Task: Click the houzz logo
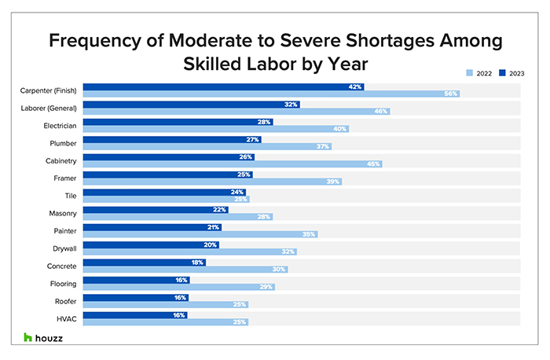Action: (x=44, y=337)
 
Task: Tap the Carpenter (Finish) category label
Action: (x=49, y=90)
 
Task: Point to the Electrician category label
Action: (x=59, y=125)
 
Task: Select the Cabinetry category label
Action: (x=60, y=160)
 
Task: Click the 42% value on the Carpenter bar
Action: (x=355, y=86)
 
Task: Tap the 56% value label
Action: (x=450, y=94)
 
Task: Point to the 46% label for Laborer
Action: (x=381, y=112)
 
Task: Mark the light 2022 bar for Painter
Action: (x=200, y=234)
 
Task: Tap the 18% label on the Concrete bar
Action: (x=197, y=262)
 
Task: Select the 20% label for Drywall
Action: (x=211, y=244)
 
